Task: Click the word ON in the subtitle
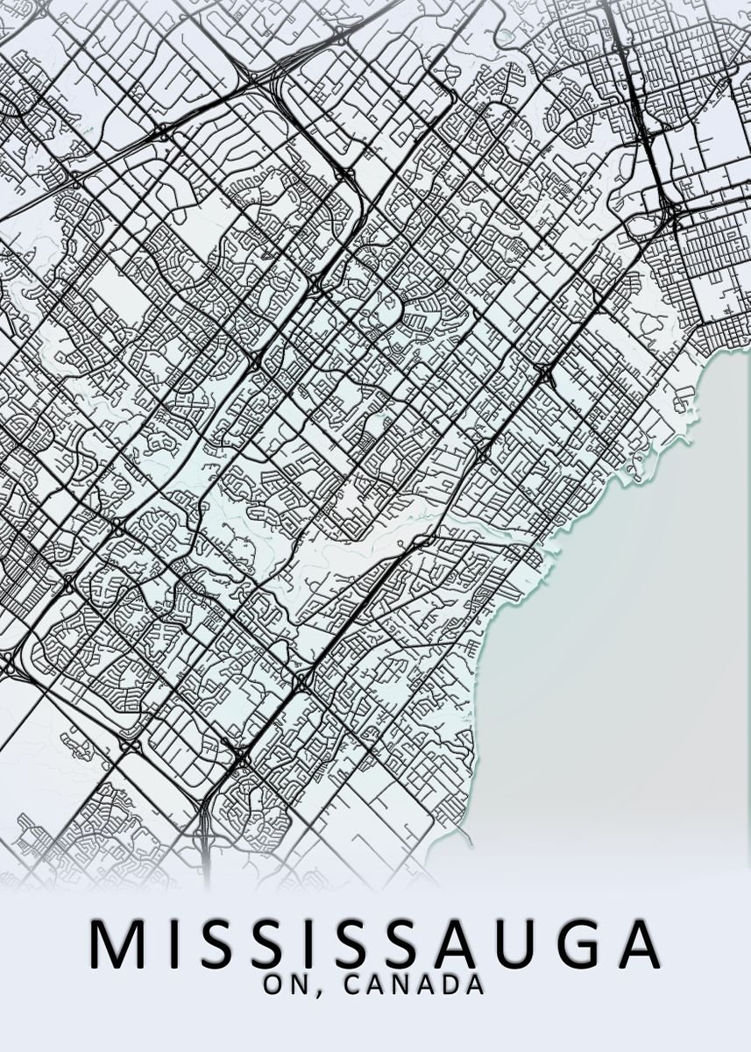pos(286,984)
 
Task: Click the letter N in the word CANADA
pos(404,984)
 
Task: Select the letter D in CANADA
pos(452,984)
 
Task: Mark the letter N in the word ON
pos(299,984)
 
